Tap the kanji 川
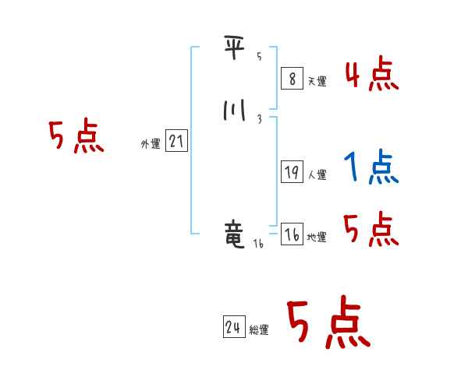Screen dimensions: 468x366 point(235,111)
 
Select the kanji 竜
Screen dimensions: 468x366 point(235,235)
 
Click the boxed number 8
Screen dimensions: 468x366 point(291,78)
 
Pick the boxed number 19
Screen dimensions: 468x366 point(291,173)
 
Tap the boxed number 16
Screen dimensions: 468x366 point(291,235)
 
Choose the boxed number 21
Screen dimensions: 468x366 point(176,142)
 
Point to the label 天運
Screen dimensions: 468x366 point(317,81)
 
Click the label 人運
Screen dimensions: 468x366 point(317,175)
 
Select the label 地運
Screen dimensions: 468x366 point(317,238)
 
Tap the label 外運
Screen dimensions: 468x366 point(151,144)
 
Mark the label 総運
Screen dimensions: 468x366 point(259,330)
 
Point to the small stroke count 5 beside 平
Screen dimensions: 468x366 point(260,57)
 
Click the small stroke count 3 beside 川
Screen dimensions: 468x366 point(259,119)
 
